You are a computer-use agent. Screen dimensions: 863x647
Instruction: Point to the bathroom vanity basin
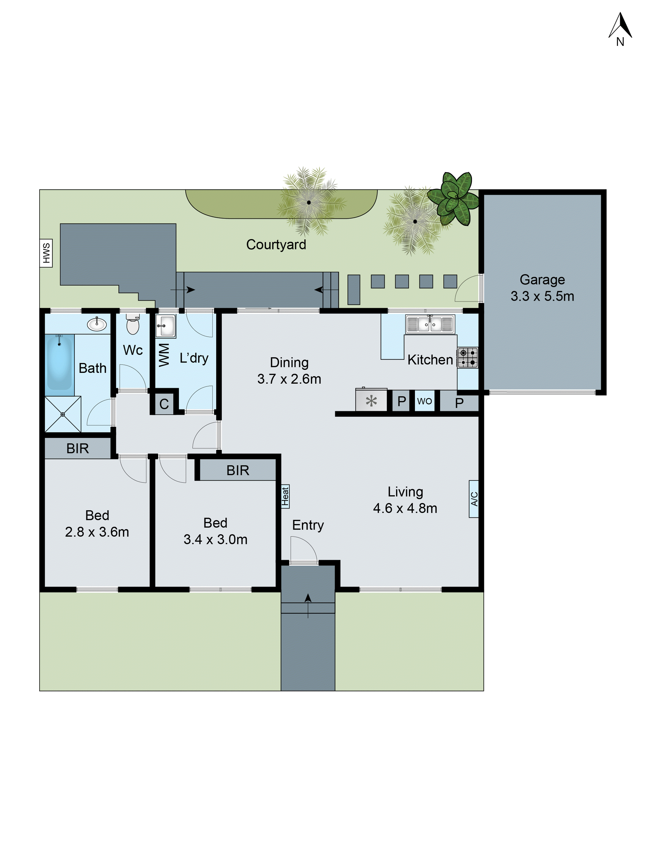pos(96,324)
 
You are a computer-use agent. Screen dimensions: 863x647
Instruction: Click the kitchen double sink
pos(430,324)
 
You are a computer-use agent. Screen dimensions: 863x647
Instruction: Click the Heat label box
pos(285,496)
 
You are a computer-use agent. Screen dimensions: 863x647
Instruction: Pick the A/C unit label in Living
pos(473,499)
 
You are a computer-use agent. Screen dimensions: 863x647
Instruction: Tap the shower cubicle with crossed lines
pos(63,414)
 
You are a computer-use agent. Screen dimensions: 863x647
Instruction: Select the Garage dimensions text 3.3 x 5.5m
pos(542,296)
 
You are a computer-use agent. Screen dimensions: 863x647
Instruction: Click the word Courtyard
pos(276,245)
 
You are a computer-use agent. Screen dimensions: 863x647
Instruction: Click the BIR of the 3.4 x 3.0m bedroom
pos(237,470)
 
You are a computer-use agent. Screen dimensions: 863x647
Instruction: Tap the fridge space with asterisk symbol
pos(371,400)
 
